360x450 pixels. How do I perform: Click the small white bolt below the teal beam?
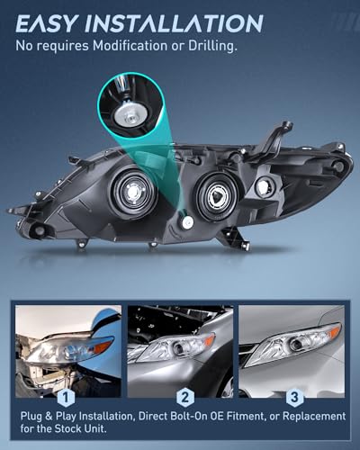point(187,222)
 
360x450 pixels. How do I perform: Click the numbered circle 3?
point(292,395)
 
